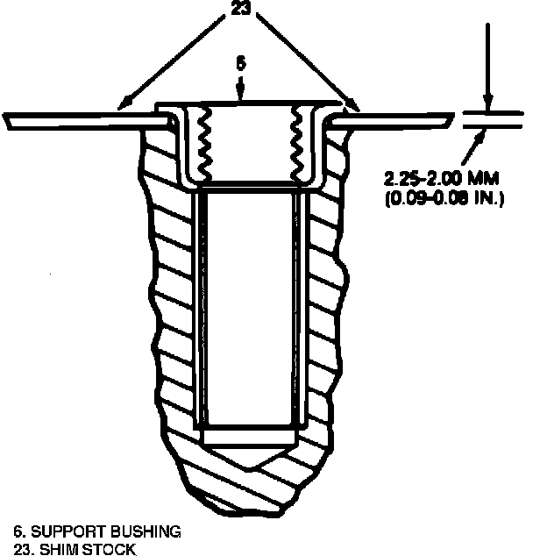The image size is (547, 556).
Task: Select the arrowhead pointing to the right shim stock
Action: tap(354, 107)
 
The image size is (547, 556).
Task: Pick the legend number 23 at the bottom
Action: tap(20, 548)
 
